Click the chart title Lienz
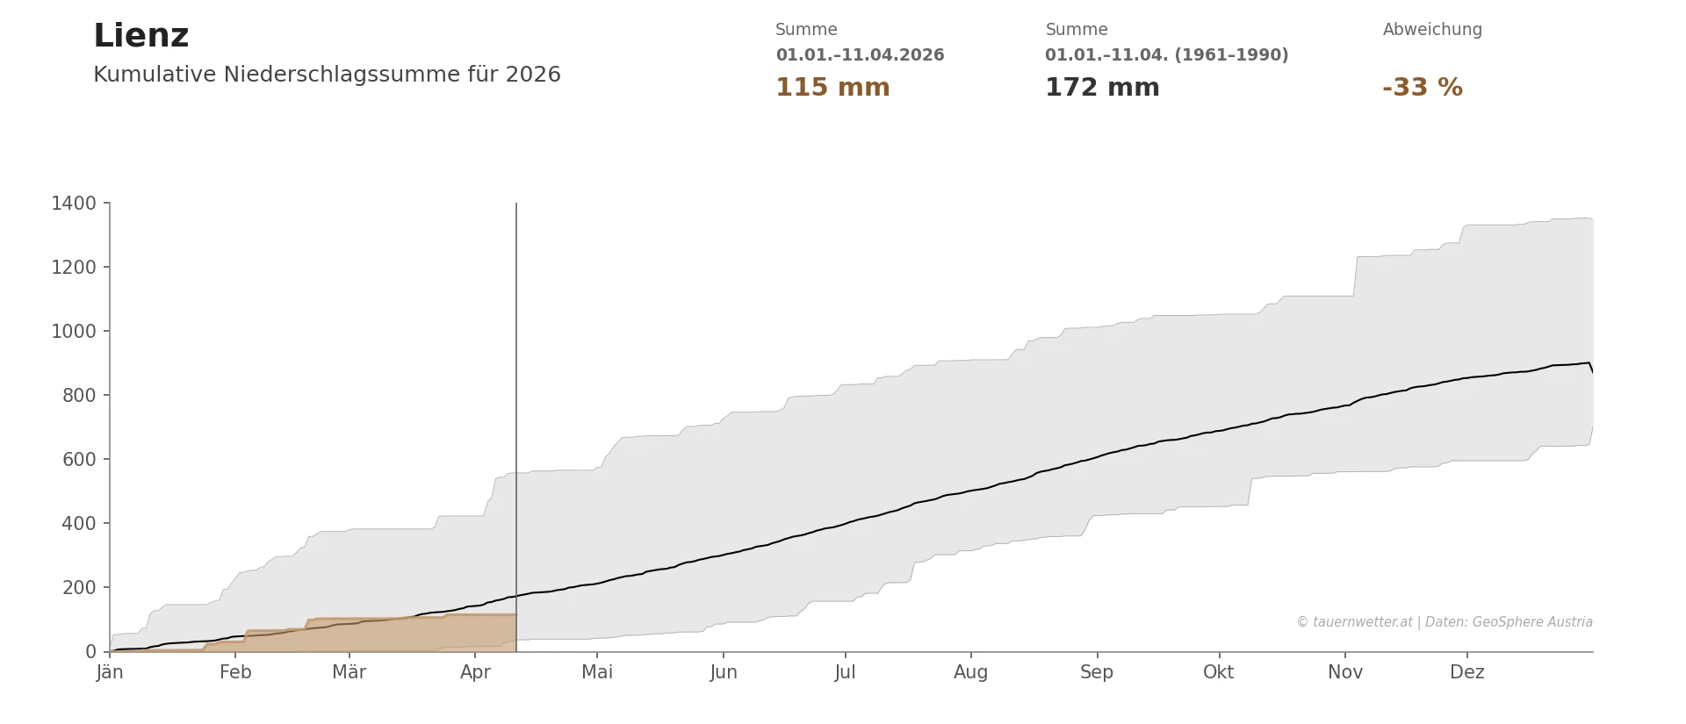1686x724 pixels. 140,36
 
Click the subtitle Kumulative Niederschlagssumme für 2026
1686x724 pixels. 327,75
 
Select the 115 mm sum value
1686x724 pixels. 832,88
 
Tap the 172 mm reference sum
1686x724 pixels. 1101,88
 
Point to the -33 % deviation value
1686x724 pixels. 1422,88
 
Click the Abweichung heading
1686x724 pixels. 1431,30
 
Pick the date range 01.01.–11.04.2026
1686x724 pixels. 859,55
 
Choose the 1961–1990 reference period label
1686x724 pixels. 1166,55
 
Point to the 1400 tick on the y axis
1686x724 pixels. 74,204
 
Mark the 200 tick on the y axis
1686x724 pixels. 79,588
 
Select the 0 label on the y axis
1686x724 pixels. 90,652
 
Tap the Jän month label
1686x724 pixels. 110,672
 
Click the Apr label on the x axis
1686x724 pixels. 475,672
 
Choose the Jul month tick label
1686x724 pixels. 845,672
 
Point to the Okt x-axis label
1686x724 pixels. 1218,672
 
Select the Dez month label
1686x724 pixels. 1466,672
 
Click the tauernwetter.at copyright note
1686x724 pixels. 1444,622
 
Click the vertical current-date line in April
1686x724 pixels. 516,351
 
